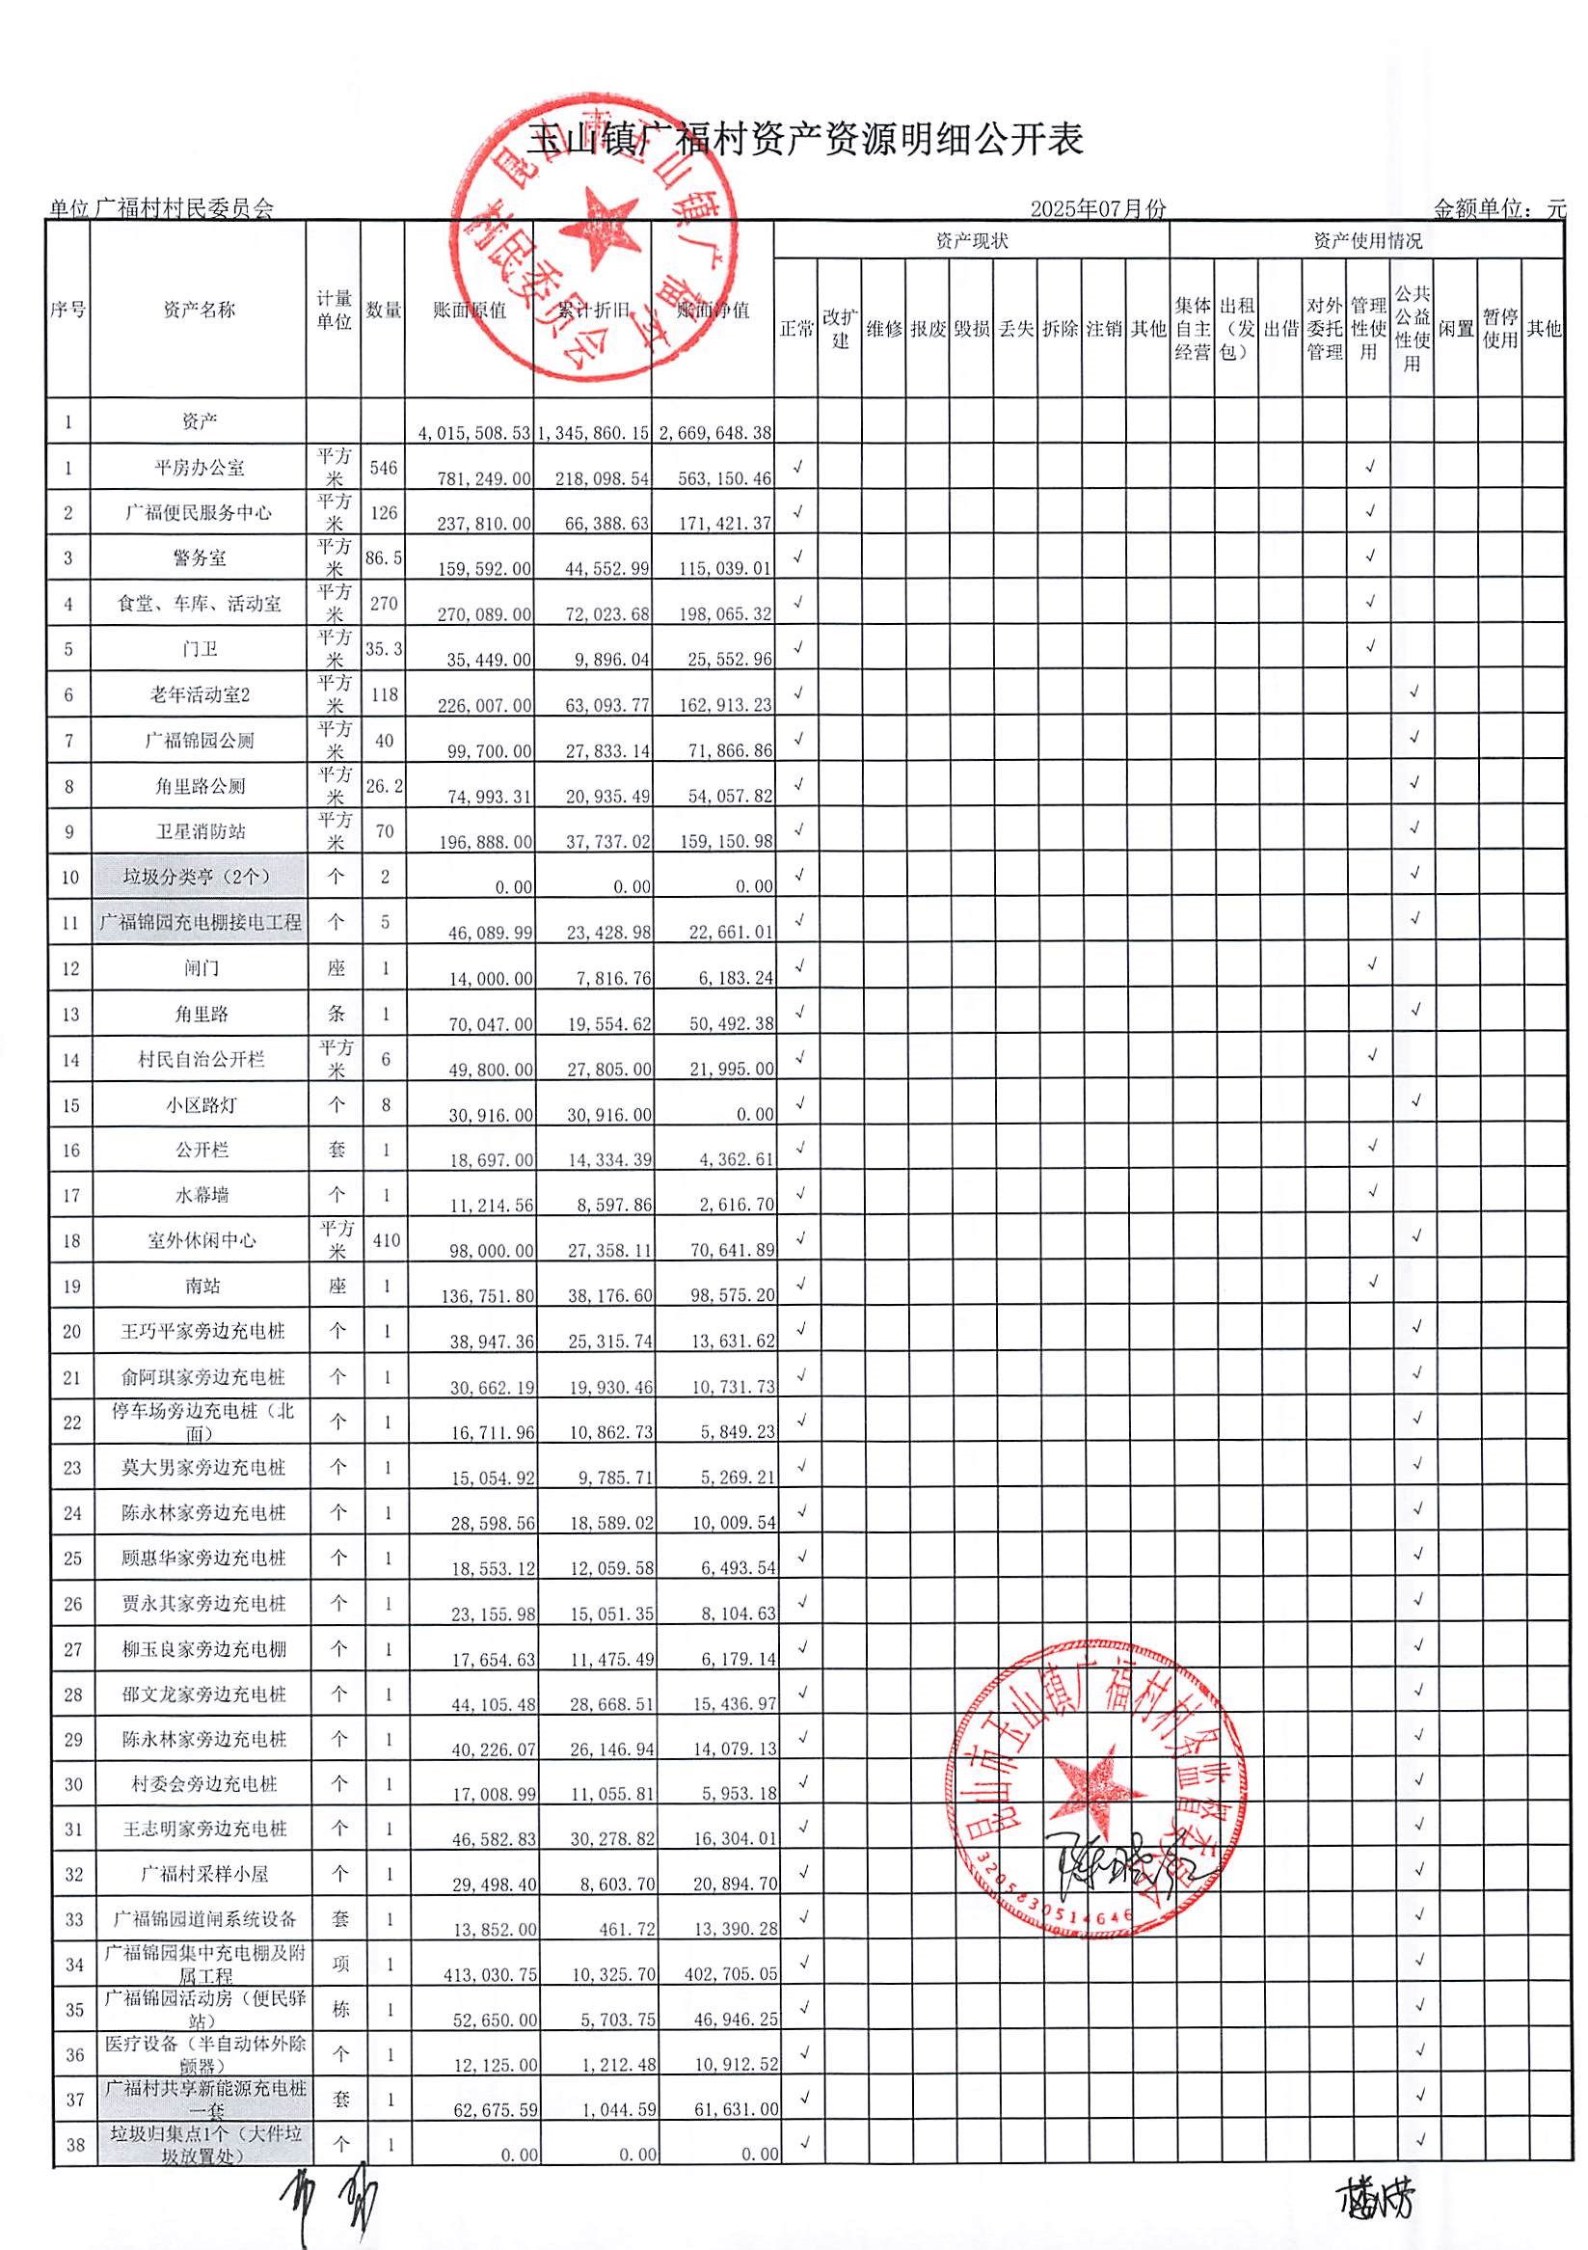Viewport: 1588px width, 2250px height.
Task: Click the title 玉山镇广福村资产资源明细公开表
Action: [805, 140]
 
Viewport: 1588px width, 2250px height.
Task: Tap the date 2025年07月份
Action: [1097, 208]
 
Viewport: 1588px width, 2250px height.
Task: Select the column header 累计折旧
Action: [593, 311]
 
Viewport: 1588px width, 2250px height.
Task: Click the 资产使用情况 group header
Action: [1366, 241]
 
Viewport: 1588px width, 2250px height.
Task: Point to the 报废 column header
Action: [928, 329]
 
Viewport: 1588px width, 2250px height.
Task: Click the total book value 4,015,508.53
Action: [474, 433]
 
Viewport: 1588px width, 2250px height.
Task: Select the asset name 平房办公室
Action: [199, 469]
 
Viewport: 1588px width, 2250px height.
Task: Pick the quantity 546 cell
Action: [383, 469]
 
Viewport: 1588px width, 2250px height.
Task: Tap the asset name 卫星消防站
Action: [200, 832]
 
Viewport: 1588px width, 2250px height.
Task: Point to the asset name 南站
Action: [202, 1286]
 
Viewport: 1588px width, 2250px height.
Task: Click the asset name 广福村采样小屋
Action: [203, 1874]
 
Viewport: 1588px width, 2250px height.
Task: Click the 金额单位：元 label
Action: [1499, 208]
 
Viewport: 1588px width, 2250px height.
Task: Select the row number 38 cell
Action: [74, 2144]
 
